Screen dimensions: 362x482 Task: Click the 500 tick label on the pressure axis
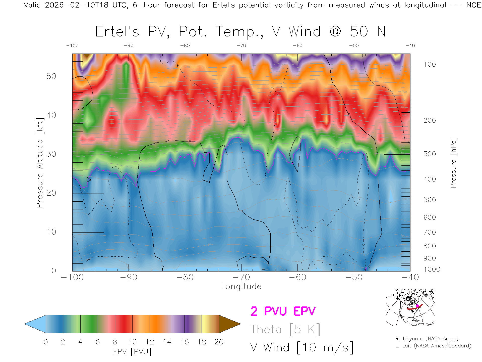430,200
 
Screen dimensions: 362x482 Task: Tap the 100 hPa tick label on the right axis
430,64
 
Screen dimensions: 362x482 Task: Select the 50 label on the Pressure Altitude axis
51,76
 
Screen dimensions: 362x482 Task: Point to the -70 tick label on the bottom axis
241,277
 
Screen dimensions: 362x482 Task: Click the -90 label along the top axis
129,46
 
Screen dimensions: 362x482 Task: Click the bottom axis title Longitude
241,287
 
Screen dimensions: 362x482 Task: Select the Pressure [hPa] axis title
453,163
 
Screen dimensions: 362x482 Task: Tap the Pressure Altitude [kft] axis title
40,163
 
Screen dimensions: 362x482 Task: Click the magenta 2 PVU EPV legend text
283,311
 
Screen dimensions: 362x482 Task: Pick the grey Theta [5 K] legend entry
285,329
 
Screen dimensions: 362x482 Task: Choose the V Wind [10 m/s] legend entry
302,348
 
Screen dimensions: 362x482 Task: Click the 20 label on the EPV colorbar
219,342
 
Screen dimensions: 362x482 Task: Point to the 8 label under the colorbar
115,342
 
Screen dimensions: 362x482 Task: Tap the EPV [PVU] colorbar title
132,352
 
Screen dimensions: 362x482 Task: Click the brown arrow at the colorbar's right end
229,324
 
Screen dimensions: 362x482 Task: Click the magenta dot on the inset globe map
417,306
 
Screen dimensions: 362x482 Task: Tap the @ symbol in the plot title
336,32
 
